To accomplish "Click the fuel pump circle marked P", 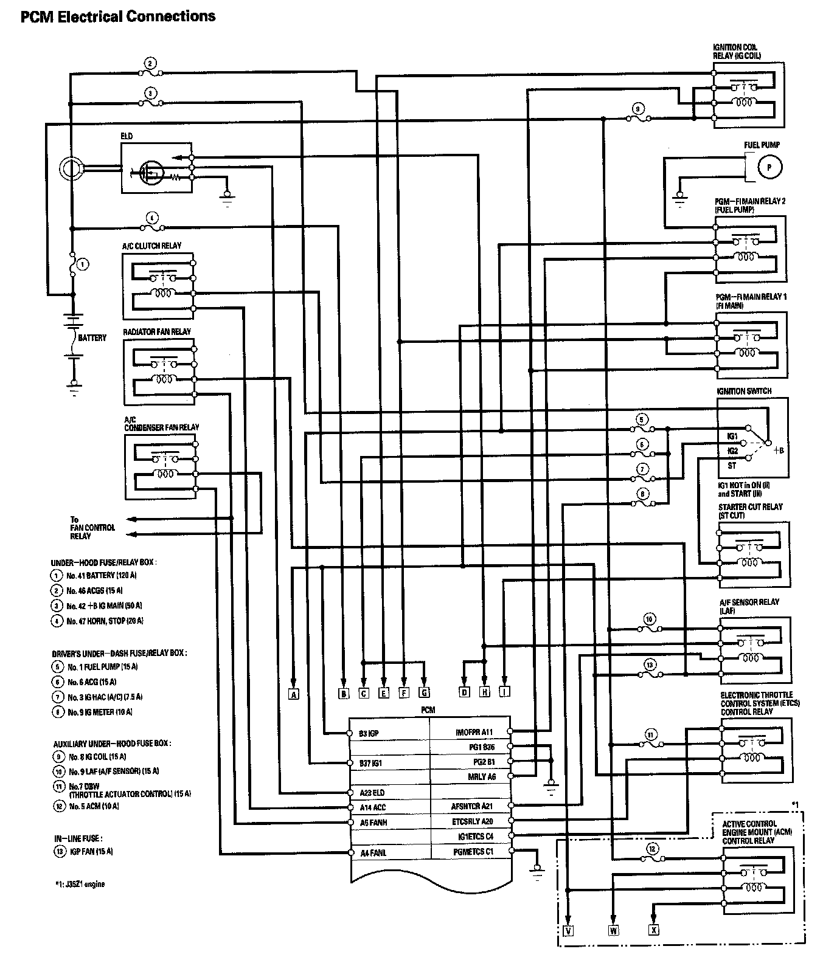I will coord(768,167).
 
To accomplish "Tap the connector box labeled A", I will coord(294,693).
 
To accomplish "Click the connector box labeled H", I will coord(484,692).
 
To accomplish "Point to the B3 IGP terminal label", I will coord(369,733).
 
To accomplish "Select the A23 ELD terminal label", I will coord(372,793).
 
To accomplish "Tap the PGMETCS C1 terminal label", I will coord(474,851).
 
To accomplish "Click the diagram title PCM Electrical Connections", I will coord(118,16).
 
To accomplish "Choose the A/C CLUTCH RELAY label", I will coord(152,246).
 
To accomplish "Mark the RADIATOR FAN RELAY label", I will coord(157,332).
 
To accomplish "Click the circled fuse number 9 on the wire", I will coord(637,109).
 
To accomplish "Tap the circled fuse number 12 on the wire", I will coord(651,849).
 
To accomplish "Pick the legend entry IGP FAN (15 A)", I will coord(90,852).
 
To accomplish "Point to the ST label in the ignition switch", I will coord(732,466).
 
